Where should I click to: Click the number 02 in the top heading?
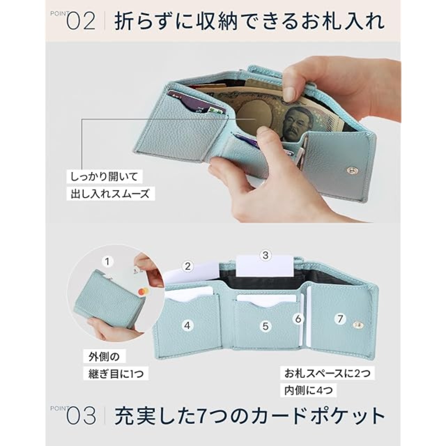[x=81, y=22]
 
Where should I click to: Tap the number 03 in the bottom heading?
[x=81, y=416]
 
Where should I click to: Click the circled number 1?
[x=107, y=262]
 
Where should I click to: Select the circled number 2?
[x=187, y=267]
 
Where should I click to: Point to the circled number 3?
[x=266, y=255]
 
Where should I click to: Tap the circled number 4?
[x=187, y=325]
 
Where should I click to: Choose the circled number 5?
[x=266, y=326]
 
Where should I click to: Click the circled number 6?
[x=298, y=319]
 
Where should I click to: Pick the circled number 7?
[x=340, y=319]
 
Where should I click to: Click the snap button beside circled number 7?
[x=357, y=325]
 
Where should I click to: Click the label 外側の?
[x=104, y=357]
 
